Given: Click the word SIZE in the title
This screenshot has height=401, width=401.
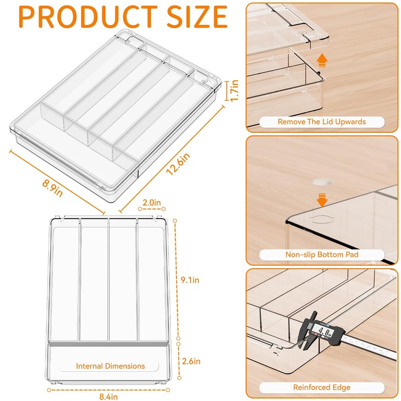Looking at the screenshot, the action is tap(197, 17).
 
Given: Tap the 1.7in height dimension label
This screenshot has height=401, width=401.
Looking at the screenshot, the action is tap(234, 91).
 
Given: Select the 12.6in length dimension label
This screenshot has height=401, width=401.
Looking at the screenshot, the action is tap(178, 164).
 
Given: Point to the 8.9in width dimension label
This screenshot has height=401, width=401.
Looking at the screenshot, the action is tap(53, 188).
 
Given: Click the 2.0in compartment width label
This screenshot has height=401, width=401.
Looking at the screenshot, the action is tap(152, 203).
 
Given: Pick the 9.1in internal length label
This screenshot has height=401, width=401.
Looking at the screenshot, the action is tap(190, 280).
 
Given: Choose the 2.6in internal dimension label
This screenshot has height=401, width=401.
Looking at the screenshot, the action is tap(191, 361).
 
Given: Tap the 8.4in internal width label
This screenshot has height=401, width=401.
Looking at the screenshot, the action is tap(108, 396).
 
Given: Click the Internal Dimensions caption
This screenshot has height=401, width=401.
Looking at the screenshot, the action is tap(110, 366).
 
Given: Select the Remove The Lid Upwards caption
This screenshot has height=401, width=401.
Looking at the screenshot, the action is tap(322, 122).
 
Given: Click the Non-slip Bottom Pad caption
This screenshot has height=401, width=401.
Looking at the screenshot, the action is tap(322, 255).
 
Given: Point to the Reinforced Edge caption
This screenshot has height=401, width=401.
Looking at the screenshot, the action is tap(322, 387).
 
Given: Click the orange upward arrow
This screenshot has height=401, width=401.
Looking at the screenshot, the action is tap(322, 60).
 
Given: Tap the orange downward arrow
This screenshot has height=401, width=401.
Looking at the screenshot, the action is tap(322, 200).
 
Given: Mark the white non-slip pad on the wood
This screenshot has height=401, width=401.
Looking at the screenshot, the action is tap(322, 182).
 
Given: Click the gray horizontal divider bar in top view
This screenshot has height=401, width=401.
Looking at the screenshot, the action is tap(108, 344).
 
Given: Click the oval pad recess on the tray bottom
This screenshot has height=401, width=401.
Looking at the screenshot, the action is tap(322, 219).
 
